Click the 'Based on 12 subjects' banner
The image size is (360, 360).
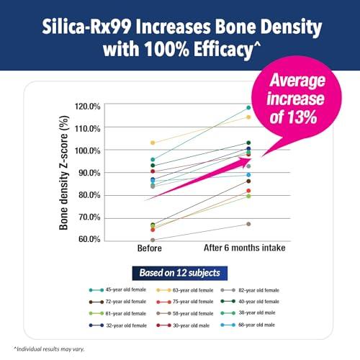[x=179, y=272]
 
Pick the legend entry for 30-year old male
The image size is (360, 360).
[x=190, y=325]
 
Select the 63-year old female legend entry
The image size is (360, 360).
[x=190, y=289]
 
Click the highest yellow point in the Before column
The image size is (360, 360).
[x=153, y=143]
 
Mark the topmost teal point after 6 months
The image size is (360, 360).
[x=248, y=108]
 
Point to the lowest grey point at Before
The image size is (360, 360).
[x=153, y=240]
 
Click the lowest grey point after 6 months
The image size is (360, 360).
[x=248, y=224]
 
